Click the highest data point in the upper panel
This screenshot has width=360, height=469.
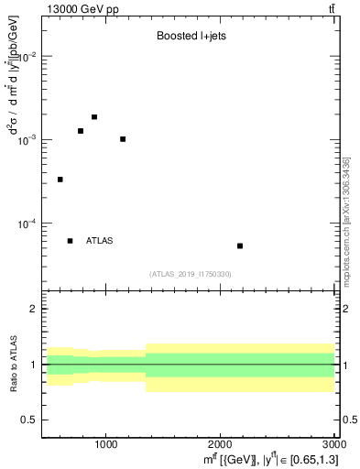[94, 117]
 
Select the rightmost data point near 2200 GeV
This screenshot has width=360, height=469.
[240, 245]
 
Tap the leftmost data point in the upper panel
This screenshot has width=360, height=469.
[60, 180]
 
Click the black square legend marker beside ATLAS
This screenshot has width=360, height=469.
[71, 241]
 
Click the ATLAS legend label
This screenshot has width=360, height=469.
[100, 241]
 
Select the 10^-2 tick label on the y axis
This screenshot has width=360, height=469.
[26, 57]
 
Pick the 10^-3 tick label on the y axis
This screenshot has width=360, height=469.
[26, 140]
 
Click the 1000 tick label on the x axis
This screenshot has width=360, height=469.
[106, 444]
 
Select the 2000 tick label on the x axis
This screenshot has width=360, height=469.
[219, 444]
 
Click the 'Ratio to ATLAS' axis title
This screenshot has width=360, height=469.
[13, 364]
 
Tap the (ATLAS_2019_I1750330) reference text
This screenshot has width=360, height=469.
[191, 274]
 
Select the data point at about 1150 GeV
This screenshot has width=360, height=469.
[123, 139]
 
